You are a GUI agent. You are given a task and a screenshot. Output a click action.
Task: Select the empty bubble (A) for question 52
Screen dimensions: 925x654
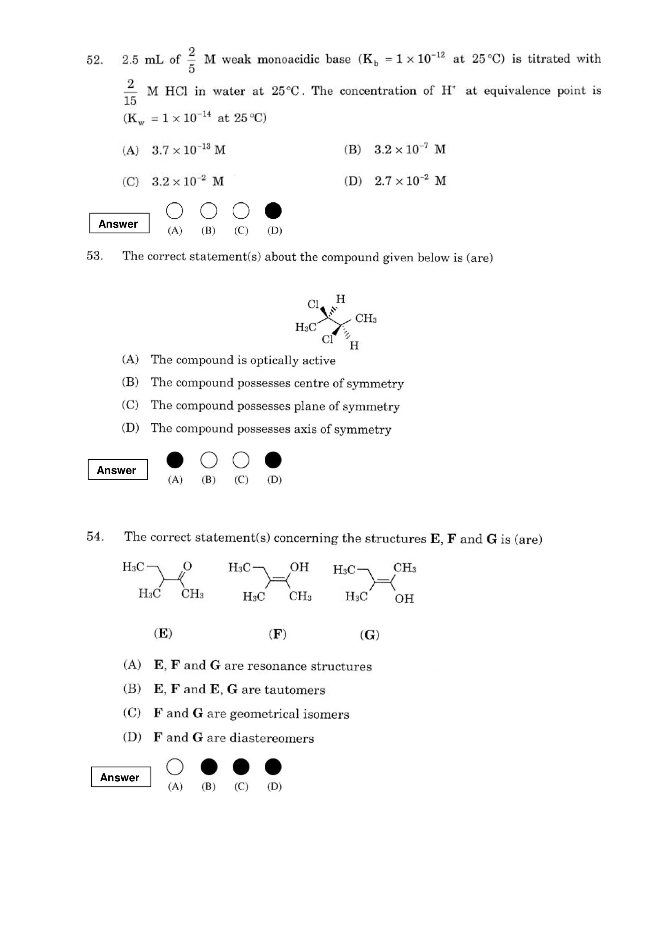point(174,211)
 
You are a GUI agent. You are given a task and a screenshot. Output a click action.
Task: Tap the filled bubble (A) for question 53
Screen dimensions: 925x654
point(175,460)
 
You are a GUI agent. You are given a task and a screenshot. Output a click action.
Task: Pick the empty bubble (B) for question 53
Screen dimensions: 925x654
point(209,460)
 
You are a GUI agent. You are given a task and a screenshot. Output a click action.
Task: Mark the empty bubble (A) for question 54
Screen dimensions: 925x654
point(175,767)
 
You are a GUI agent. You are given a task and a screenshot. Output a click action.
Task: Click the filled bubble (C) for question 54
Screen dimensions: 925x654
point(241,767)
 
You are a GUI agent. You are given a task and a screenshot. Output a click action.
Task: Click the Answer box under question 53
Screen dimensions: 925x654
point(118,470)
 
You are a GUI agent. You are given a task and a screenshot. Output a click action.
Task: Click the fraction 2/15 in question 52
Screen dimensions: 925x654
point(130,92)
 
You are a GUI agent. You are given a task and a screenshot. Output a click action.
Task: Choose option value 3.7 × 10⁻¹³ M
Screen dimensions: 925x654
point(188,150)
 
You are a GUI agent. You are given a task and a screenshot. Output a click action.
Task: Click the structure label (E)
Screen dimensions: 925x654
point(163,634)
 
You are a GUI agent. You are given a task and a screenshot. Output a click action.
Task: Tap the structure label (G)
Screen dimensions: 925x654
point(369,635)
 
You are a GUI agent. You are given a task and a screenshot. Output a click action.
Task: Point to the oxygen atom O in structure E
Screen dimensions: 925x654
point(187,567)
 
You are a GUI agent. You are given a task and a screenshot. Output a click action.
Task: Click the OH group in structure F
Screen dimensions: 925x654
point(300,567)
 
